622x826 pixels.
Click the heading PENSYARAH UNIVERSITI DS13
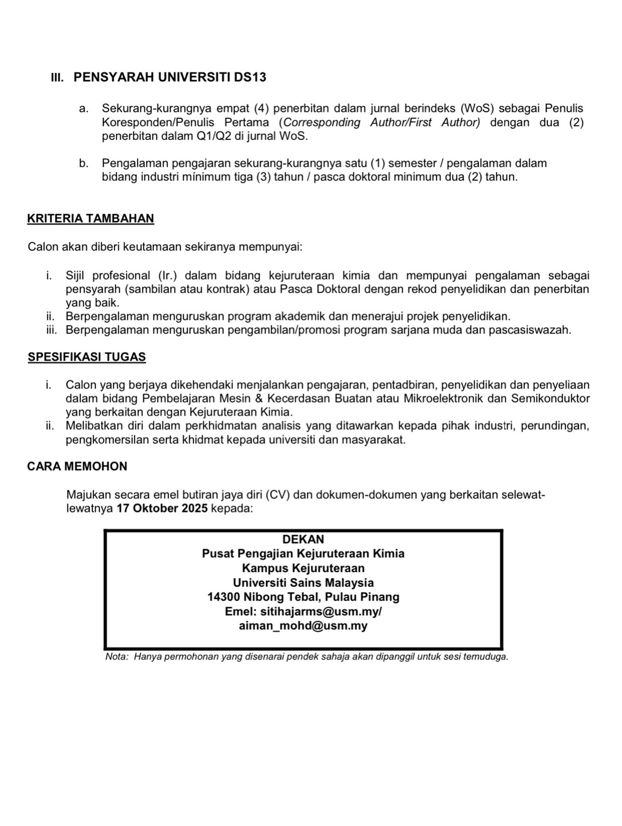pyautogui.click(x=169, y=77)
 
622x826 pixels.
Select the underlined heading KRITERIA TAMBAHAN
pyautogui.click(x=91, y=219)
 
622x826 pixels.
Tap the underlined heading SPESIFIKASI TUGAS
pyautogui.click(x=87, y=357)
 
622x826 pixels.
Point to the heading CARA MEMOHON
pyautogui.click(x=77, y=466)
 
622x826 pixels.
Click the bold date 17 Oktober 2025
pyautogui.click(x=162, y=509)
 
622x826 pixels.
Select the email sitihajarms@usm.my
pyautogui.click(x=320, y=612)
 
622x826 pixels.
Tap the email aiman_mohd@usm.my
pyautogui.click(x=303, y=626)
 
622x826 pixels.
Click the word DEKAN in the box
pyautogui.click(x=303, y=540)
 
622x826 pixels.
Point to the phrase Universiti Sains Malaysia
pyautogui.click(x=303, y=583)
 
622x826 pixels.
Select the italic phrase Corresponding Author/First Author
pyautogui.click(x=381, y=122)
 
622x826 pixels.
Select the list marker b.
pyautogui.click(x=84, y=163)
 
